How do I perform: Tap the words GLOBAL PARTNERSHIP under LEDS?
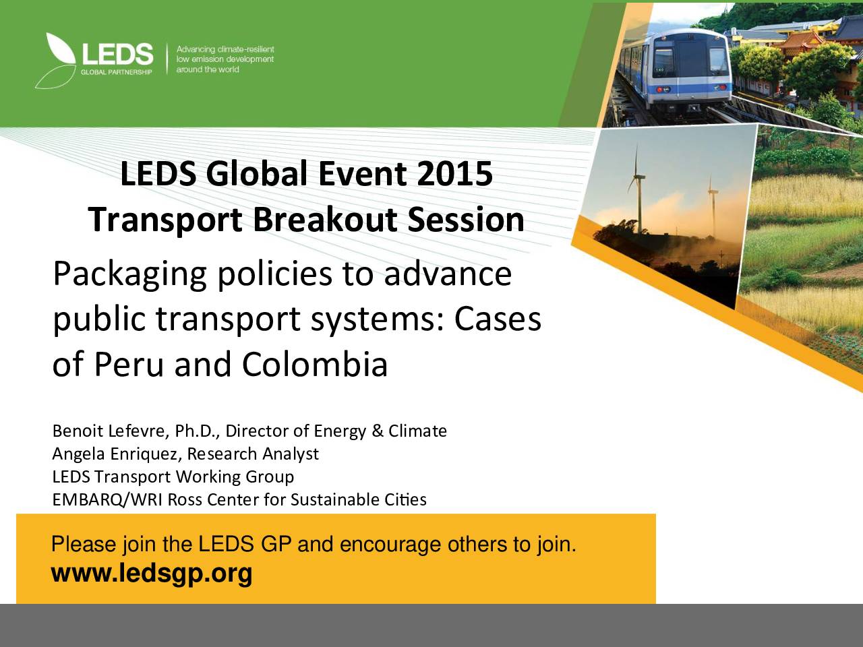(117, 72)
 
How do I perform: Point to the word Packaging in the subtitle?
(130, 276)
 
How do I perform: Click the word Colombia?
(315, 364)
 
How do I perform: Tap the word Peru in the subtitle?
(129, 364)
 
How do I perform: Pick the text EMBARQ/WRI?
(107, 500)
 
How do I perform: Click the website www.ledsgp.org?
(152, 574)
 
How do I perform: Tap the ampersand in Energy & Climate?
(378, 431)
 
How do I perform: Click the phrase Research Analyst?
(253, 454)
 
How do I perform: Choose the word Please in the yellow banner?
(84, 545)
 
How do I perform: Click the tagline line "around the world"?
(208, 69)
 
